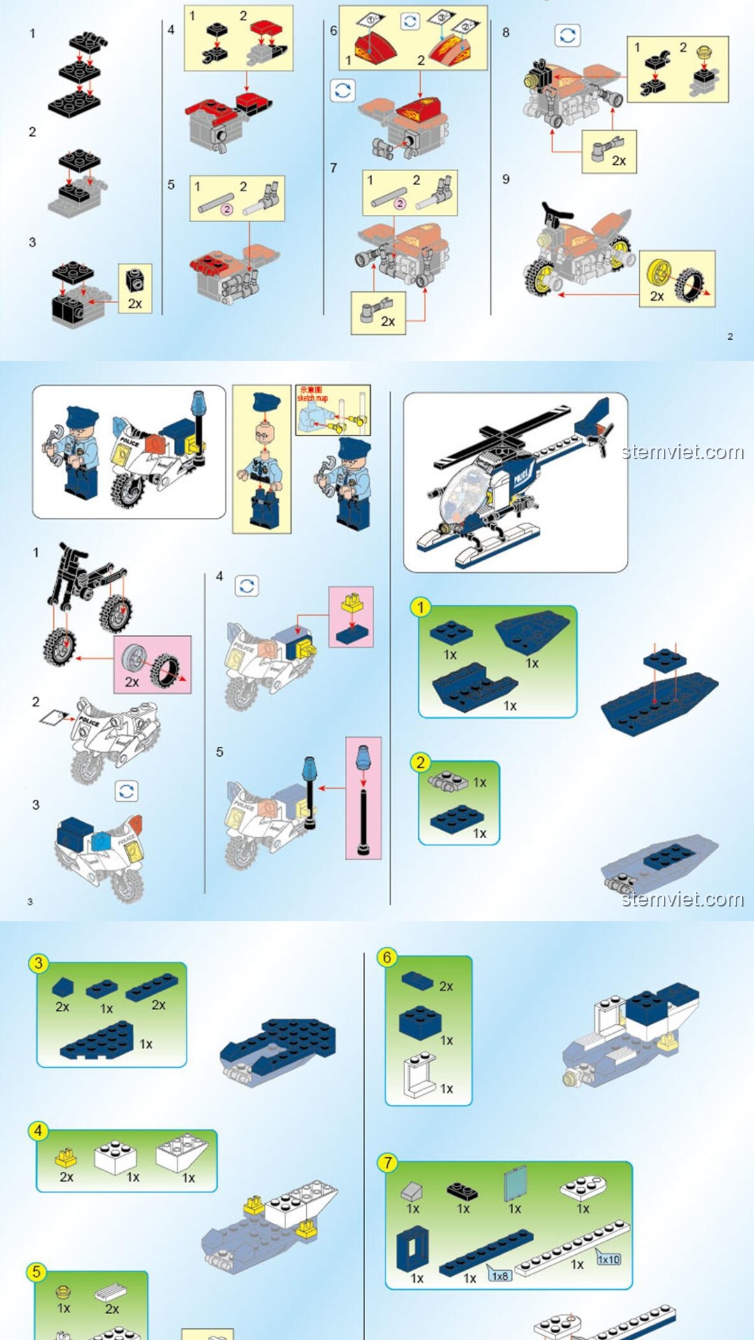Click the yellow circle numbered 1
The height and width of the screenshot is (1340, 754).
tap(420, 607)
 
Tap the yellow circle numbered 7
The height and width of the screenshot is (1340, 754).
tap(387, 1163)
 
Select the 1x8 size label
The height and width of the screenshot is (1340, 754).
tap(499, 1276)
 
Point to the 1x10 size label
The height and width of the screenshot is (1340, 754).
tap(608, 1259)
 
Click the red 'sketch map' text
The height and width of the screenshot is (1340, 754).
tap(311, 394)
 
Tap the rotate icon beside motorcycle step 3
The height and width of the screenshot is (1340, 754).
tap(126, 791)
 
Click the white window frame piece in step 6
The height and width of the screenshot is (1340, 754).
tap(420, 1075)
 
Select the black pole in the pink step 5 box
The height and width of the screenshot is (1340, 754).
tap(363, 813)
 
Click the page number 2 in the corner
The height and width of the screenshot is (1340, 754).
tap(730, 336)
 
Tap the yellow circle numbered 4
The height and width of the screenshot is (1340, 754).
tap(38, 1131)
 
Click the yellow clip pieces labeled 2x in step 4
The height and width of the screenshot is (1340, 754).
tap(66, 1159)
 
